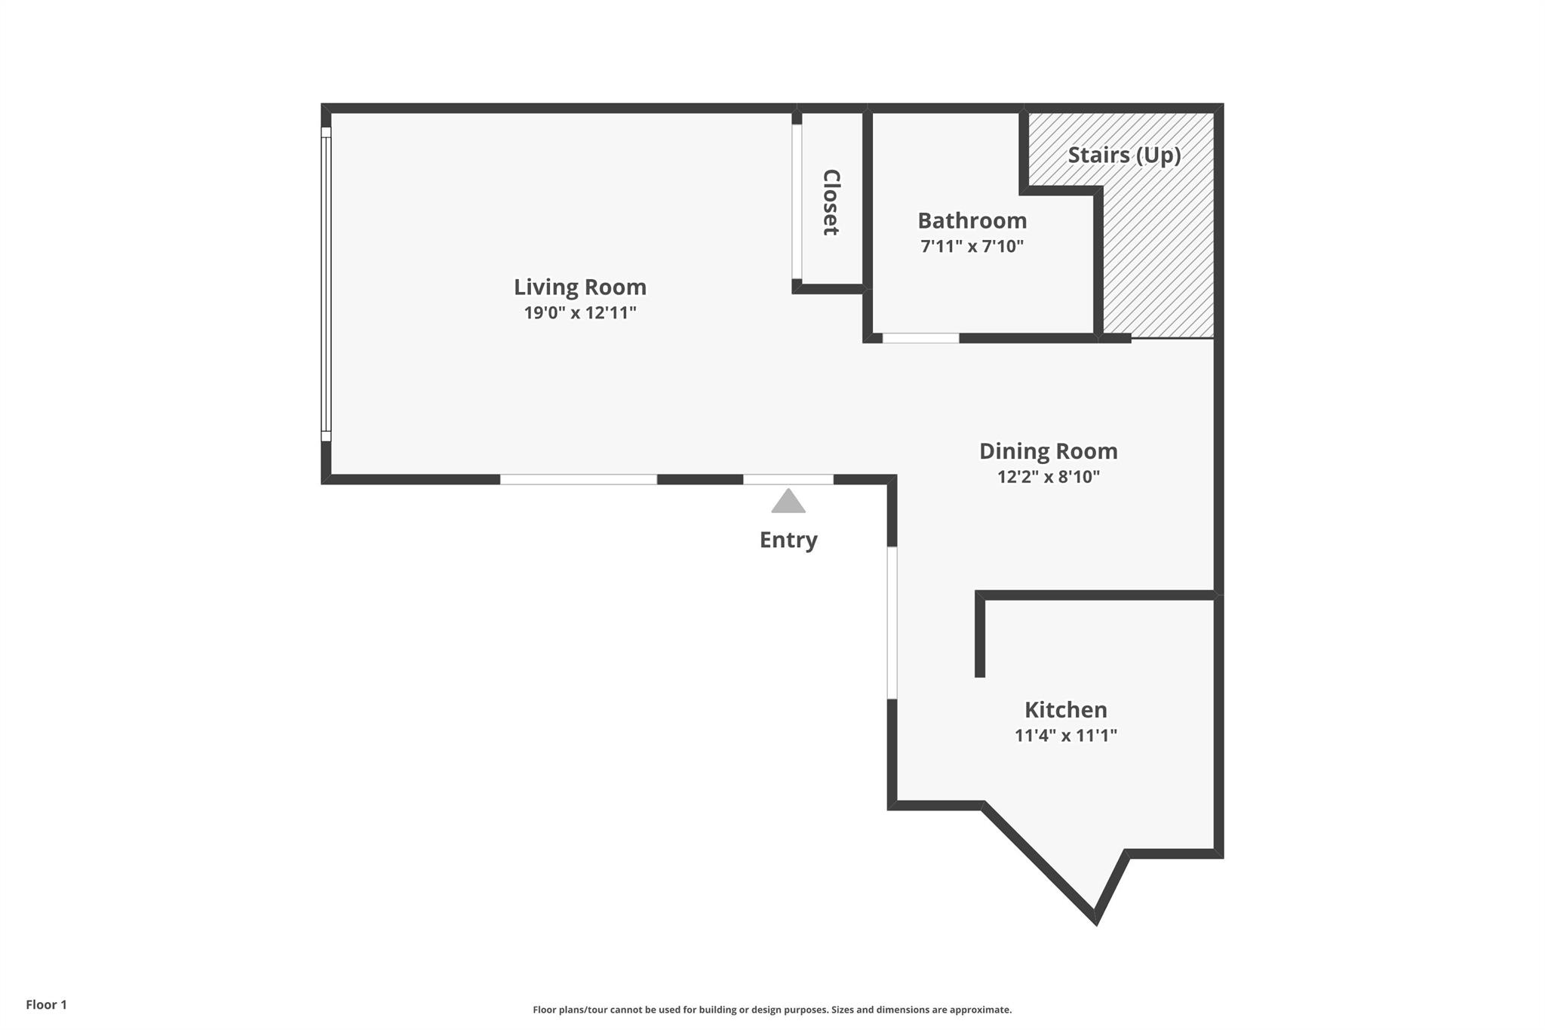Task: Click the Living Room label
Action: tap(580, 287)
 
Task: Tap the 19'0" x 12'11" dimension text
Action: tap(580, 312)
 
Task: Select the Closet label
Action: tap(831, 202)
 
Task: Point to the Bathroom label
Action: tap(972, 220)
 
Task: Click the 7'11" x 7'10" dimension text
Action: tap(972, 246)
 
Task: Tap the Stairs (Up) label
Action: tap(1124, 155)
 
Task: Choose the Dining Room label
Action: tap(1048, 451)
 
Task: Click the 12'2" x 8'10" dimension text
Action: tap(1048, 477)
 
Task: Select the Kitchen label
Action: tap(1065, 709)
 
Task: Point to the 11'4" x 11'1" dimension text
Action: tap(1065, 735)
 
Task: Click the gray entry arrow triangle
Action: tap(788, 502)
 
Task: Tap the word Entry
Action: tap(788, 540)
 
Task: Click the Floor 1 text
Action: tap(46, 1004)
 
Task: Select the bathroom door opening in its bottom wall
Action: tap(921, 338)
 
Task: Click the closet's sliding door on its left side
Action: tap(797, 201)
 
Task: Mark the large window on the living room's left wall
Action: tap(326, 284)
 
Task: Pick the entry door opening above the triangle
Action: tap(788, 479)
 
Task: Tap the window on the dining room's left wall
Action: tap(892, 623)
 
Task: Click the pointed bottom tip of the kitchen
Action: tap(1095, 922)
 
